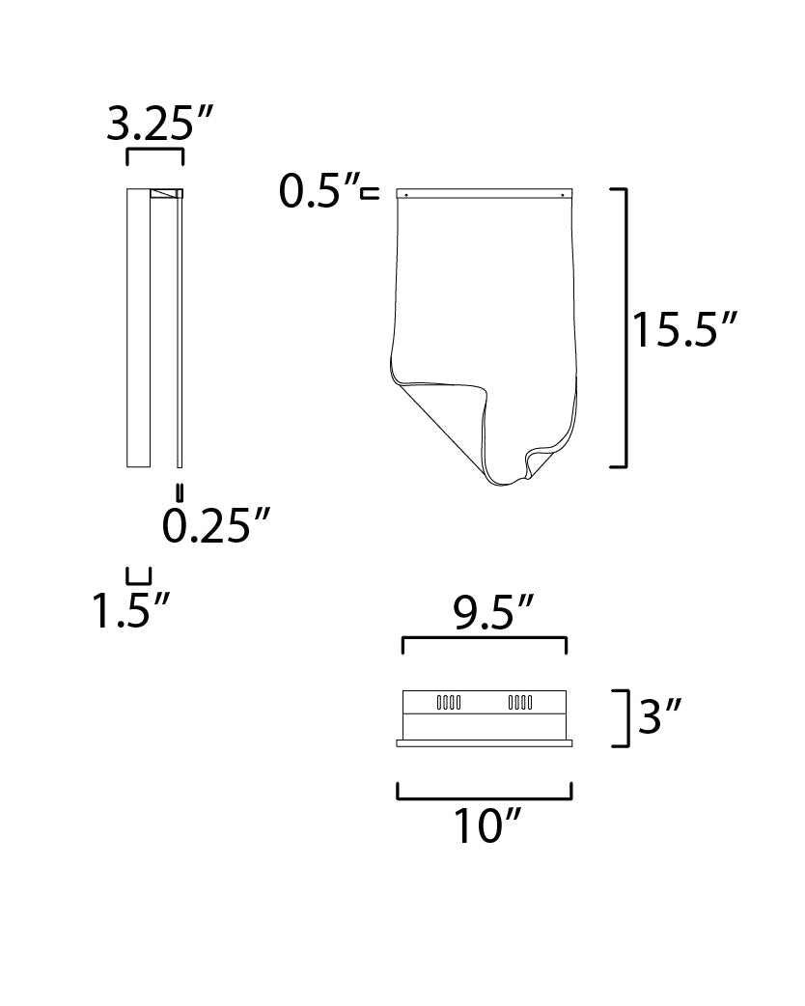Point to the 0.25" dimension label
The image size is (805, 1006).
point(214,525)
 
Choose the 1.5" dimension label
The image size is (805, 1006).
point(131,610)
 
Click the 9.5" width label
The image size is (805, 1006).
point(483,612)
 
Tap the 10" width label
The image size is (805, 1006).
point(486,826)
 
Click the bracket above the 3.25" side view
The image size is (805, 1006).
point(155,154)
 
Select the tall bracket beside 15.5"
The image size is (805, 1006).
point(624,328)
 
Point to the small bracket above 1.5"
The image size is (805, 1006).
point(139,575)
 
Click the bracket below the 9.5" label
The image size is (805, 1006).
point(484,642)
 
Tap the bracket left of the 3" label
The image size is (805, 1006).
point(624,717)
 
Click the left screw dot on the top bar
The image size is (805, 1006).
point(406,195)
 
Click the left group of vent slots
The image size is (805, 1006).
point(449,703)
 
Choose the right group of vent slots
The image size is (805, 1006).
point(521,703)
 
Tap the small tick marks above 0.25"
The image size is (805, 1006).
point(179,489)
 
